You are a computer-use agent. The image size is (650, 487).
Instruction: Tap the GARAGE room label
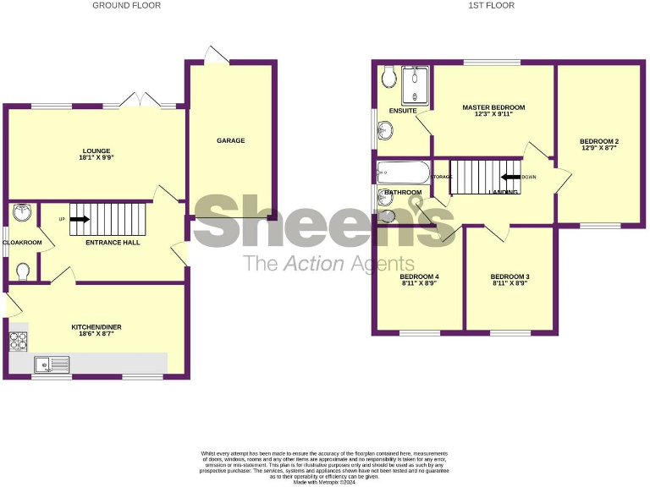coord(230,140)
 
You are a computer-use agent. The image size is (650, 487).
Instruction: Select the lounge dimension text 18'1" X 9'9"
coord(96,156)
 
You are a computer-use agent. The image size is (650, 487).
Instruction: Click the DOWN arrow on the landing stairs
coord(510,178)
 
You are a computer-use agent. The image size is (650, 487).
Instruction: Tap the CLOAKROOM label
coord(22,243)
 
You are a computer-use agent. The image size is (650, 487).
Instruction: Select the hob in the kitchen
coord(18,341)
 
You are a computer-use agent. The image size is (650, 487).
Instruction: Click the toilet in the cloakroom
coord(23,271)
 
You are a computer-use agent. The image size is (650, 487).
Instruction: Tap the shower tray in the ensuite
coord(416,84)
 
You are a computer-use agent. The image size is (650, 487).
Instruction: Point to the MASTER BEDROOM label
coord(493,107)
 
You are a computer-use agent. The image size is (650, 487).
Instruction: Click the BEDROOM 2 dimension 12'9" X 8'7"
coord(599,148)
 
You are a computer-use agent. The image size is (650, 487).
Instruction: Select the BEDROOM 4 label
coord(419,276)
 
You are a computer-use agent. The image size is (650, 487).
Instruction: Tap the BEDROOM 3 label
coord(510,276)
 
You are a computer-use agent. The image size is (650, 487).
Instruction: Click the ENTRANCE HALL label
coord(113,243)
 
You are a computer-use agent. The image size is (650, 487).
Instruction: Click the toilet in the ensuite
coord(389,78)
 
